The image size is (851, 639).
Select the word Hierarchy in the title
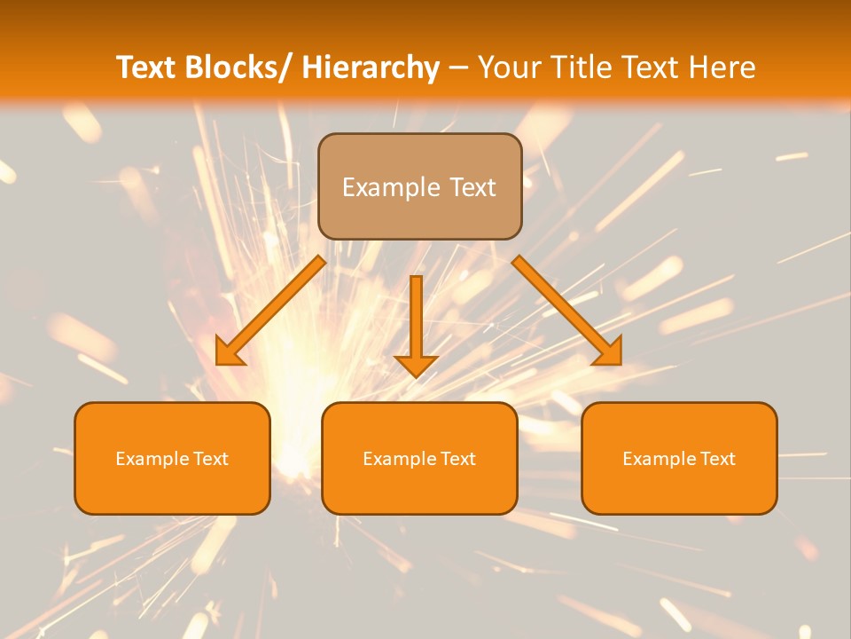pyautogui.click(x=371, y=67)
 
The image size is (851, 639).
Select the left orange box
pyautogui.click(x=172, y=488)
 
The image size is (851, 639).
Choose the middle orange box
pyautogui.click(x=419, y=488)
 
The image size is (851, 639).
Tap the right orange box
pyautogui.click(x=679, y=488)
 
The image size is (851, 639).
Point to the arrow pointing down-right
pyautogui.click(x=568, y=311)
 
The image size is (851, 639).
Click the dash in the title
pyautogui.click(x=458, y=67)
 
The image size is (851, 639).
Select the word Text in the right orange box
pyautogui.click(x=716, y=459)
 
